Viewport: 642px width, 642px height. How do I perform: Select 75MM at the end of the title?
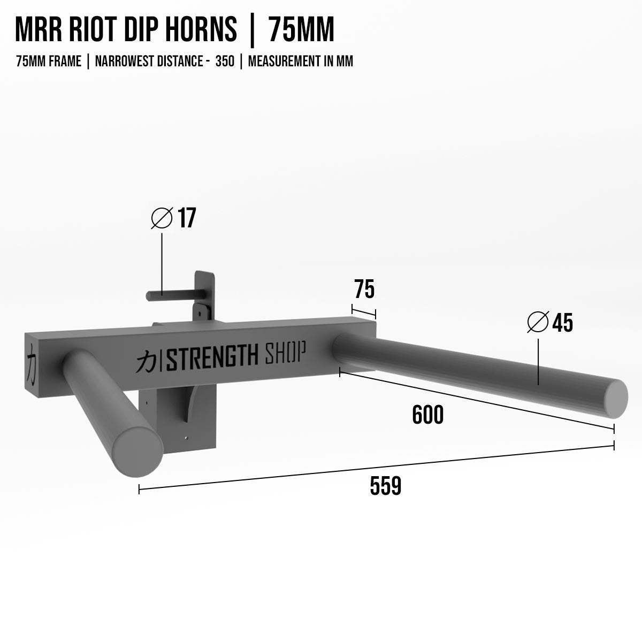point(301,30)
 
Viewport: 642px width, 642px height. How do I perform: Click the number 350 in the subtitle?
point(225,62)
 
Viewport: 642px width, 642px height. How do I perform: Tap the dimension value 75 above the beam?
point(364,289)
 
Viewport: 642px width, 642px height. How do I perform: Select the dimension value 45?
point(562,323)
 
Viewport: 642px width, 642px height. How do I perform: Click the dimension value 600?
point(428,415)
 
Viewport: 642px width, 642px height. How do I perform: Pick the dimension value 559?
point(385,486)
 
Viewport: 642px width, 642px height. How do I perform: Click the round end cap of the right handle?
point(616,399)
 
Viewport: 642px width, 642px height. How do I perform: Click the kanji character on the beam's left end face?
point(32,364)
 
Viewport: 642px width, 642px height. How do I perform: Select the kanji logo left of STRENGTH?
point(145,361)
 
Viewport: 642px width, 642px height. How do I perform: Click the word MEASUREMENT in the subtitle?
point(284,62)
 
